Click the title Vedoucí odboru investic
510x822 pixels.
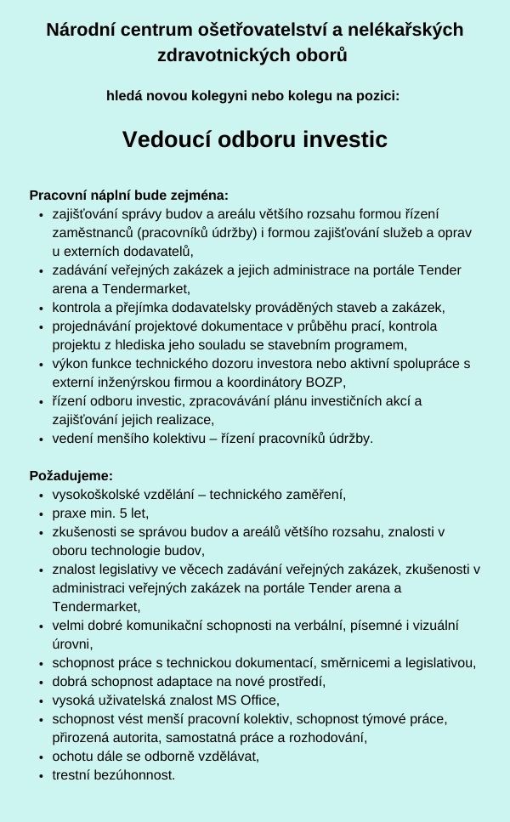[x=254, y=139]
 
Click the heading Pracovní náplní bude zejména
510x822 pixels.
[x=129, y=196]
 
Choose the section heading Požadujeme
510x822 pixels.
[x=71, y=476]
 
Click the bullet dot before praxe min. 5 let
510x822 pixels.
[x=42, y=513]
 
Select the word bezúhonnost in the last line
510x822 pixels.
[x=136, y=774]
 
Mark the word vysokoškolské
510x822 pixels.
[x=97, y=495]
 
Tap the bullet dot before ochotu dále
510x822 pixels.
[x=42, y=756]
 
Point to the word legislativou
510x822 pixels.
[x=437, y=663]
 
